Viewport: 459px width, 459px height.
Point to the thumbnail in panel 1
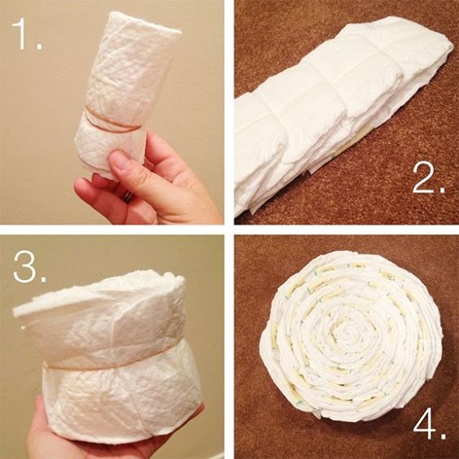click(x=118, y=160)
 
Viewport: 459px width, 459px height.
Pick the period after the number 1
click(x=40, y=46)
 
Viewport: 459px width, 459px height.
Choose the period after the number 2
click(x=441, y=190)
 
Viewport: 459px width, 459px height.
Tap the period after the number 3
click(x=43, y=279)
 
